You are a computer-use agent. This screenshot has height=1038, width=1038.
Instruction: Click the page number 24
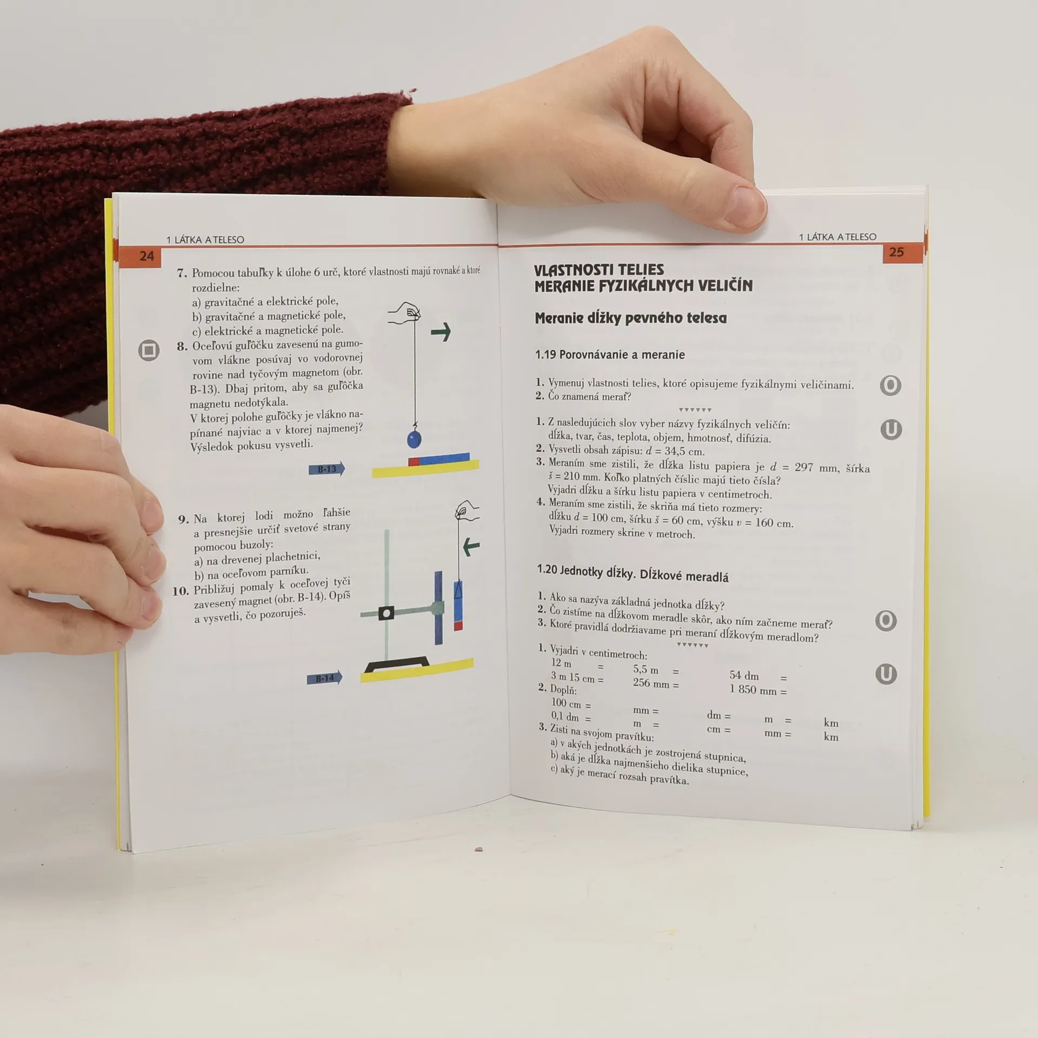click(x=147, y=256)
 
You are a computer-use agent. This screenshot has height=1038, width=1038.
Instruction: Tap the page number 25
click(x=896, y=252)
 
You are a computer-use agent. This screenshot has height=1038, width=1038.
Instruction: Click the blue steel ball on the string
click(x=414, y=438)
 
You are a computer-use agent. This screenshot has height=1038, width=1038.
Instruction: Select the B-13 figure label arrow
click(x=327, y=469)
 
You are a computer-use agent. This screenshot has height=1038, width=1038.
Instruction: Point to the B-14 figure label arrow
click(x=324, y=678)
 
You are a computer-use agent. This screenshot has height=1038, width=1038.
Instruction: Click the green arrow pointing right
click(x=441, y=331)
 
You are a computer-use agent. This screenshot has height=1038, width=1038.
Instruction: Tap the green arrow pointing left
click(x=471, y=547)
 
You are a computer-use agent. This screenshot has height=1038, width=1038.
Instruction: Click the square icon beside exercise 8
click(x=149, y=350)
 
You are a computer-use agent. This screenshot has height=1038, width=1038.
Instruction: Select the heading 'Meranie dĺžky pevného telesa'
click(x=630, y=318)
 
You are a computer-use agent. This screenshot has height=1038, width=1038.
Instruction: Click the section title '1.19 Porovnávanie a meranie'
click(x=610, y=355)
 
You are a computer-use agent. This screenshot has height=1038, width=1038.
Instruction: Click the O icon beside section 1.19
click(x=890, y=385)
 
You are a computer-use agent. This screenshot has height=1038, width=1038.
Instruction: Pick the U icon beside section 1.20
click(x=886, y=674)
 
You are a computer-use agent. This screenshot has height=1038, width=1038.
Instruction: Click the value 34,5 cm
click(x=685, y=451)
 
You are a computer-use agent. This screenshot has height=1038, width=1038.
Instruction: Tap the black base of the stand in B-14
click(x=397, y=665)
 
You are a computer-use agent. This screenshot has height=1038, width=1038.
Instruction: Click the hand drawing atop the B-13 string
click(x=405, y=313)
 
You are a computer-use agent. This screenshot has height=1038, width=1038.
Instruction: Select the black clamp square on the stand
click(x=386, y=613)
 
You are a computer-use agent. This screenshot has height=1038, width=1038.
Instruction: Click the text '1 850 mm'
click(x=753, y=690)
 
